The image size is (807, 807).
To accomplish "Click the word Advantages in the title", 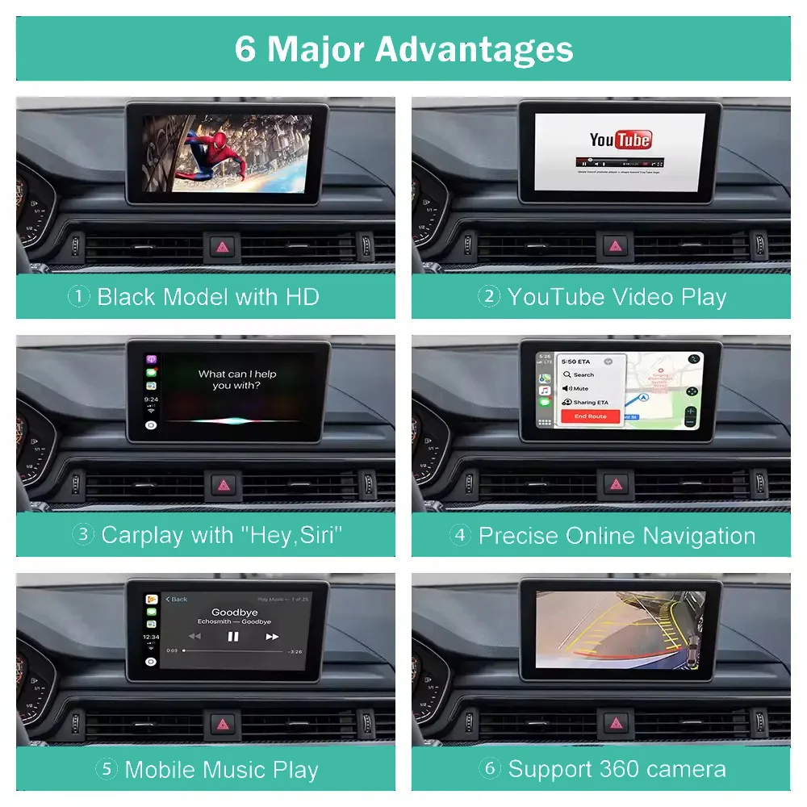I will [475, 48].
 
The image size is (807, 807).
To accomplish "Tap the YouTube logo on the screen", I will [620, 140].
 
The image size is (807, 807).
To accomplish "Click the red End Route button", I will [590, 416].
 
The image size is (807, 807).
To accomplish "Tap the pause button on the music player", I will [233, 636].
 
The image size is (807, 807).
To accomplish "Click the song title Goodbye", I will [234, 613].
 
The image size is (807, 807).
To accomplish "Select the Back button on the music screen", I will [177, 599].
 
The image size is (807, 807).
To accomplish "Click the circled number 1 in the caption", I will [78, 296].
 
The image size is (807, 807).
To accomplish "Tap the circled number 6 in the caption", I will [489, 769].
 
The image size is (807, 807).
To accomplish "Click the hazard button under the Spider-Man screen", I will [220, 247].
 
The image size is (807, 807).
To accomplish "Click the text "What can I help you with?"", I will [237, 379].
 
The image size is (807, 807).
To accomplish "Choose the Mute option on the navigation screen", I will [580, 388].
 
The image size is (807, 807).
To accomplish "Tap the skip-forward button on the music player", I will [272, 636].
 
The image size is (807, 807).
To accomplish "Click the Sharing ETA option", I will [590, 402].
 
